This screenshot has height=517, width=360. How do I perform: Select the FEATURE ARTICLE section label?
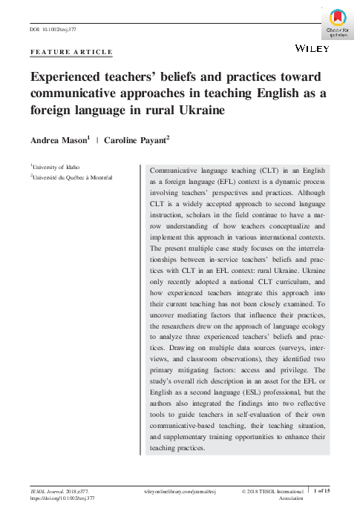71,53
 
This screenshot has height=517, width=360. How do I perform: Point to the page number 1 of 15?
342,492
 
